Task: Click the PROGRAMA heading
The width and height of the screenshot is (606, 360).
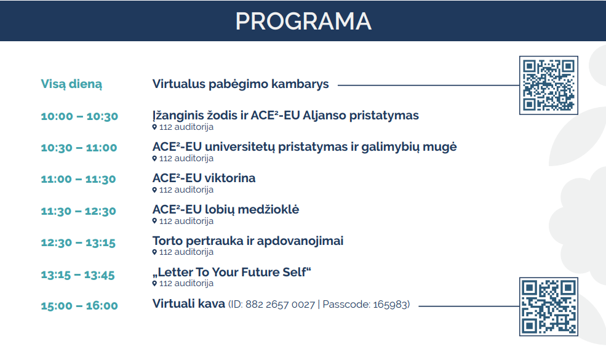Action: point(303,21)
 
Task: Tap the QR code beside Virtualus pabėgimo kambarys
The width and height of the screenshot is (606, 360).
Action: point(548,85)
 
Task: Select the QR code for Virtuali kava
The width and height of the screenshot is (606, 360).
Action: point(548,306)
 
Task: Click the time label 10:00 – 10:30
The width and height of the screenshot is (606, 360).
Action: point(79,116)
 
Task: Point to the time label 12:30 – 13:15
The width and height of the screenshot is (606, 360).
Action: point(78,243)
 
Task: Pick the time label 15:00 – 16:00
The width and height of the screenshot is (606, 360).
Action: point(79,306)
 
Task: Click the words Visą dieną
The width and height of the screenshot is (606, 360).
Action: point(71,84)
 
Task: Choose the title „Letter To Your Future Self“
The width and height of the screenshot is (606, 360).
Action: point(232,272)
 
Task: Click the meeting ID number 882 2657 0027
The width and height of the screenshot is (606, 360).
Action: point(280,305)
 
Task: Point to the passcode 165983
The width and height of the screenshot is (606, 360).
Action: point(389,305)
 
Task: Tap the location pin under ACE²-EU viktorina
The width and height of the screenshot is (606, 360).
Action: point(154,190)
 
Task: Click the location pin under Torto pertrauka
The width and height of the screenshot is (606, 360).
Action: point(154,252)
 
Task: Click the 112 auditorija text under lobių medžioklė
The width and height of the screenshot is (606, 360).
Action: point(186,221)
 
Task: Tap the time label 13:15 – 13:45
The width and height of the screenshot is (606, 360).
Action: point(78,275)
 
